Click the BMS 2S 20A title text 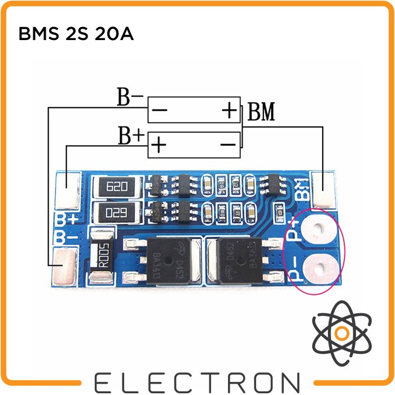pyautogui.click(x=76, y=34)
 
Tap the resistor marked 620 pyautogui.click(x=117, y=186)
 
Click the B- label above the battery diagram pyautogui.click(x=130, y=98)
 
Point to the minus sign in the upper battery pyautogui.click(x=159, y=110)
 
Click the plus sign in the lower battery pyautogui.click(x=159, y=146)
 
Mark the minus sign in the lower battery pyautogui.click(x=228, y=146)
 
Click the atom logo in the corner pyautogui.click(x=341, y=333)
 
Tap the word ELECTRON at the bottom pyautogui.click(x=197, y=381)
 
